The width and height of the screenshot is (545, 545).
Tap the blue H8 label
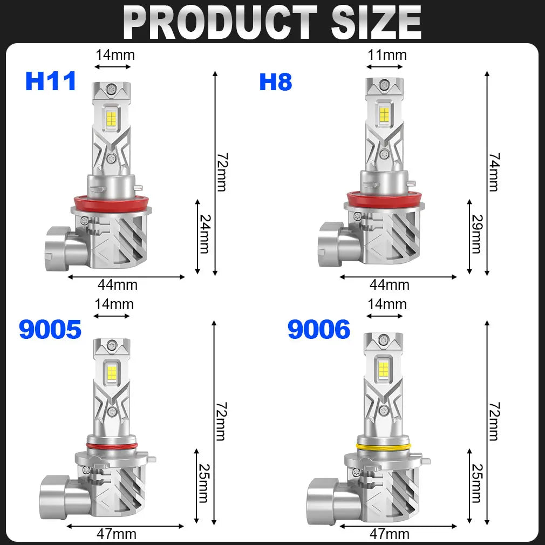(276, 81)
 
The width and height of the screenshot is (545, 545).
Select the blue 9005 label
(50, 329)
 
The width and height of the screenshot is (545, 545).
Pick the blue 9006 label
(318, 329)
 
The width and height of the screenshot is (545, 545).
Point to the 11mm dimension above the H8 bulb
(387, 54)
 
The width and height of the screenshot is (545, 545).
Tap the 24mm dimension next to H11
(205, 233)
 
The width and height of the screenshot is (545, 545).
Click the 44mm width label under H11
(118, 284)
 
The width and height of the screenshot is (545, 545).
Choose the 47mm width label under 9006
(390, 534)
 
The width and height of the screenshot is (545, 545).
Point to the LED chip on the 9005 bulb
(113, 371)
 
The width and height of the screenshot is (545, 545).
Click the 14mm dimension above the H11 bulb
(115, 54)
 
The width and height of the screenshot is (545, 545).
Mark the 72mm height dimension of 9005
(221, 421)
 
